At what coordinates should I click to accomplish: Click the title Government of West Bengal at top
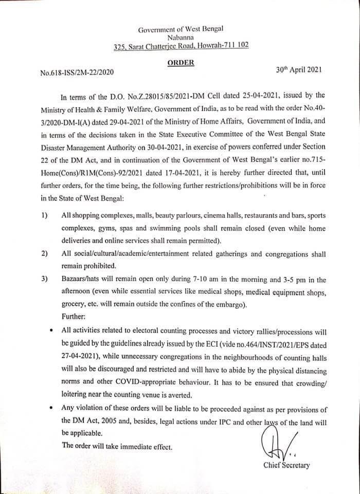[x=181, y=28]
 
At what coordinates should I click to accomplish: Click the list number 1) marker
[x=44, y=215]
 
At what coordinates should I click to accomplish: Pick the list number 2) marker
[x=44, y=254]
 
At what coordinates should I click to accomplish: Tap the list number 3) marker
[x=44, y=280]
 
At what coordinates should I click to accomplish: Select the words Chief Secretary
[x=286, y=465]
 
